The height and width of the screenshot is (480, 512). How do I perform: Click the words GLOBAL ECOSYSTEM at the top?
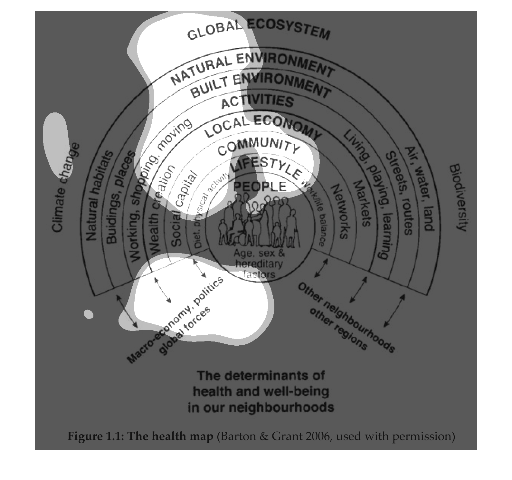click(x=258, y=32)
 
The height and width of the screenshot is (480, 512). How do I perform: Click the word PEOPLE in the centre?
click(x=259, y=186)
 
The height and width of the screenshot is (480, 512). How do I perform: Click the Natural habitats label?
click(x=100, y=196)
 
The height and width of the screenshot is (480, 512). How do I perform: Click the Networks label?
click(x=340, y=211)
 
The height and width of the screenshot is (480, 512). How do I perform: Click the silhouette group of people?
click(x=259, y=222)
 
